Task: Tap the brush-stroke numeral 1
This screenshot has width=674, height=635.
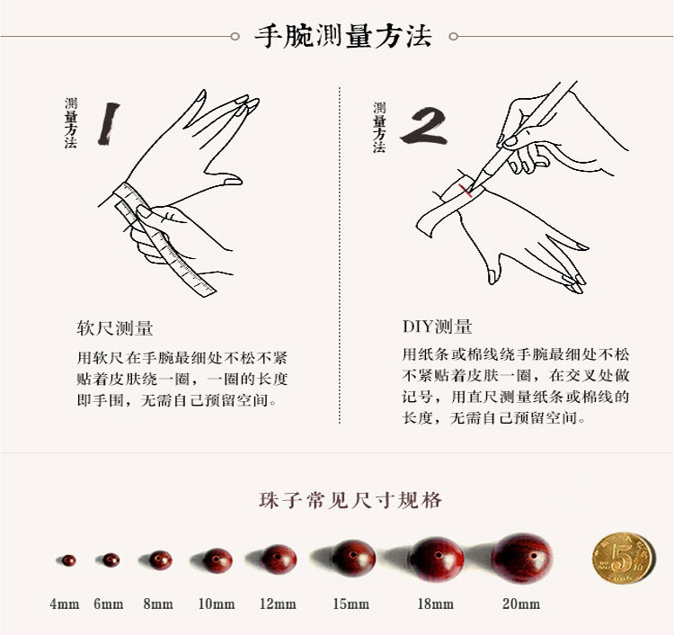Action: [x=109, y=123]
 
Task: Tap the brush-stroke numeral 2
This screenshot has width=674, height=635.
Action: [x=424, y=125]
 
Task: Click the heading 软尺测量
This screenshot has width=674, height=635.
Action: [x=115, y=328]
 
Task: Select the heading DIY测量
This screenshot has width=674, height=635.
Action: [x=437, y=327]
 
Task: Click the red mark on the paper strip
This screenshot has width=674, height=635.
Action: [x=466, y=190]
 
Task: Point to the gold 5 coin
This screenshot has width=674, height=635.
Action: [x=623, y=559]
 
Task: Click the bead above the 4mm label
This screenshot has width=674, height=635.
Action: [x=69, y=560]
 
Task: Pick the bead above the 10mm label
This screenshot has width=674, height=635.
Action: [x=217, y=560]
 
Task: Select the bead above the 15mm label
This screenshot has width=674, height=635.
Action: [x=353, y=558]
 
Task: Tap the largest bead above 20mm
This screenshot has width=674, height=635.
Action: [x=522, y=558]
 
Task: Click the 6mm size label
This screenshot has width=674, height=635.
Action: [x=109, y=604]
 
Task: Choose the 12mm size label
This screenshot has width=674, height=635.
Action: [x=278, y=604]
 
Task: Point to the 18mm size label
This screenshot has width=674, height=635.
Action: [x=436, y=604]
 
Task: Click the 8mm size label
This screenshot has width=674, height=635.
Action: [x=158, y=604]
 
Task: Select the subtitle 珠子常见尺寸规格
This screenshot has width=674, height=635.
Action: [x=350, y=500]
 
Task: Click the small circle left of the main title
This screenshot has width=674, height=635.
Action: [x=235, y=37]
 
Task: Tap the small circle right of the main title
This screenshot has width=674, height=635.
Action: [x=453, y=37]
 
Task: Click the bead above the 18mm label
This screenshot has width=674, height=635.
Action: [x=436, y=559]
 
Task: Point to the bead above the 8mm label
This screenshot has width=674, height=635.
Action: [x=160, y=560]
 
